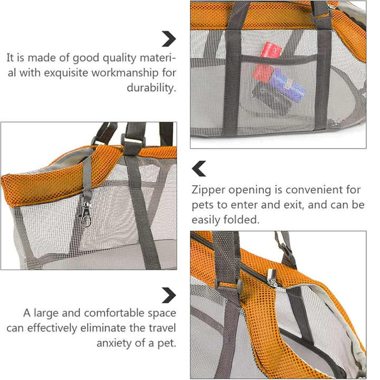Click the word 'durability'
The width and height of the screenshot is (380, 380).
pos(151,88)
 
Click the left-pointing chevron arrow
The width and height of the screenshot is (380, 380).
pos(199,169)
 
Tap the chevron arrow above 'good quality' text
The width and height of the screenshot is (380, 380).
pos(168,39)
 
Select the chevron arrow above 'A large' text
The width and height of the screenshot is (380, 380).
pos(168,294)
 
